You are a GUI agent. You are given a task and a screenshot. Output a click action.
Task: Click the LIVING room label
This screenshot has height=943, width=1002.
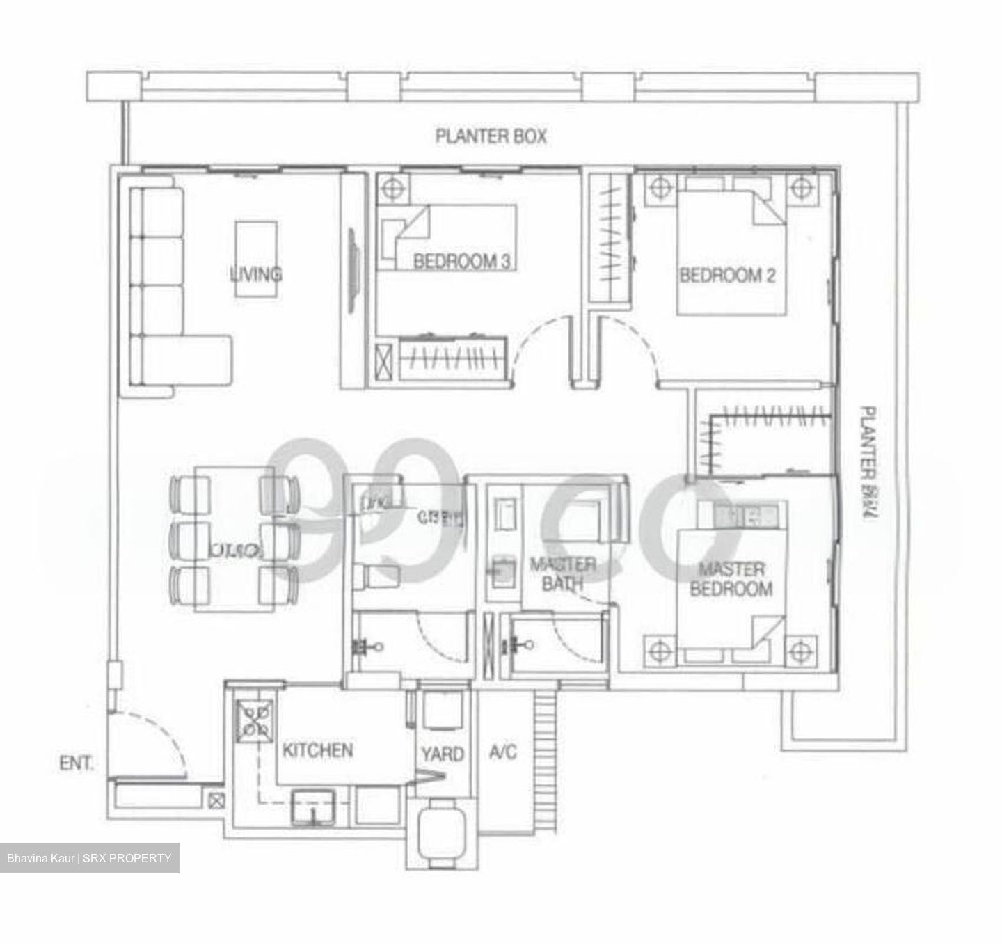click(x=256, y=274)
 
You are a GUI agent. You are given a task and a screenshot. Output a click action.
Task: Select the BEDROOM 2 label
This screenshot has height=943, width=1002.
click(x=727, y=275)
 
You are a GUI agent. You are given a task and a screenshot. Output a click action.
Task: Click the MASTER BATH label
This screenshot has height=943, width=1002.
click(x=562, y=573)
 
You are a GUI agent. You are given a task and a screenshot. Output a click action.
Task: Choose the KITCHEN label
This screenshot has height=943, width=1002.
click(x=317, y=750)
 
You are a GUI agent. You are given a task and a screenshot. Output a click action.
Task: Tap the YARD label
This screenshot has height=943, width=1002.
click(x=442, y=754)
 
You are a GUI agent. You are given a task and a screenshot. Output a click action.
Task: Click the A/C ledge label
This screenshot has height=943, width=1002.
click(x=503, y=752)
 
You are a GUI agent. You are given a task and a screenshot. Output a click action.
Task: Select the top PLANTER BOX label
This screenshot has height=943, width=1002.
click(x=491, y=136)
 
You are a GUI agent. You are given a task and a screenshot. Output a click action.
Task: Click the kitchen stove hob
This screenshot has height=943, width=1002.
click(x=255, y=720)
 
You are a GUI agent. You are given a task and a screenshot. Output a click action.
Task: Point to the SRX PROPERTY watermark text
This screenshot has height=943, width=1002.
click(x=89, y=858)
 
